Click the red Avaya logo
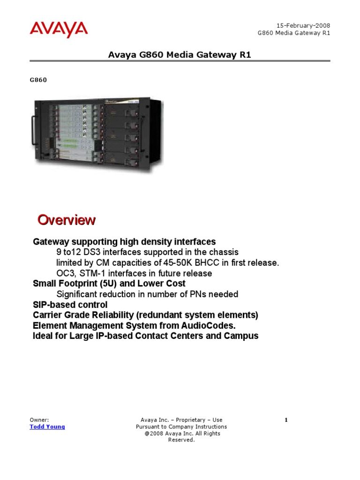[x=59, y=29]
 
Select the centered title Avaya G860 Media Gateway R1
[x=180, y=55]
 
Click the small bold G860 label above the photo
[x=38, y=80]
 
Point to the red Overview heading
[x=66, y=219]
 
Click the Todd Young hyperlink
[x=47, y=427]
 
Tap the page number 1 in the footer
[x=286, y=420]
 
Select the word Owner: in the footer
[x=39, y=420]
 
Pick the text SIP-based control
[x=70, y=305]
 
